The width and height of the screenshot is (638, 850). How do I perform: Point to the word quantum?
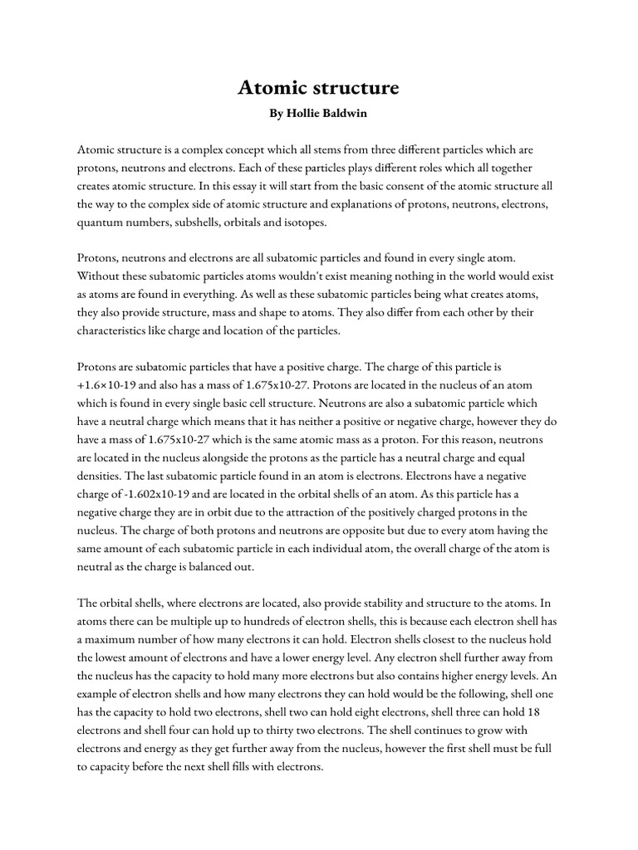point(101,222)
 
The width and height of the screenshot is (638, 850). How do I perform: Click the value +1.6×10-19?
point(110,384)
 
